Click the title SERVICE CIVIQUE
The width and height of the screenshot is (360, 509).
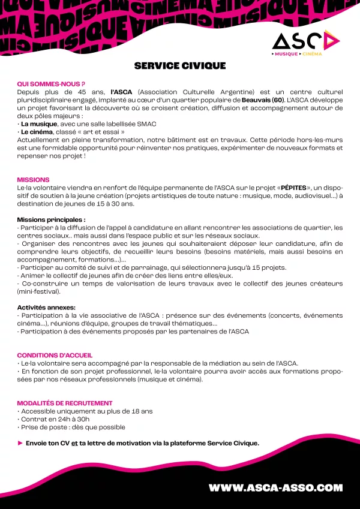click(x=180, y=65)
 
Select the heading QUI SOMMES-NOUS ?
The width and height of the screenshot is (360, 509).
click(x=51, y=84)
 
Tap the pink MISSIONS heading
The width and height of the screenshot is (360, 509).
click(x=34, y=180)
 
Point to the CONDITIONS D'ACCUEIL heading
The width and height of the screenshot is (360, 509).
click(x=55, y=356)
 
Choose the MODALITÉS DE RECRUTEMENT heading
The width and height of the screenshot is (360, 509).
click(x=65, y=403)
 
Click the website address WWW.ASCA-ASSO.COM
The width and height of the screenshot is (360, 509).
click(x=275, y=488)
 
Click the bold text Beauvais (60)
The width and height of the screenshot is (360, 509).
click(x=263, y=100)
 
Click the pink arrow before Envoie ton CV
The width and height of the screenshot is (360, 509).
click(x=20, y=443)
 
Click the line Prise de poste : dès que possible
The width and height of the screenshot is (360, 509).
click(x=73, y=427)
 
